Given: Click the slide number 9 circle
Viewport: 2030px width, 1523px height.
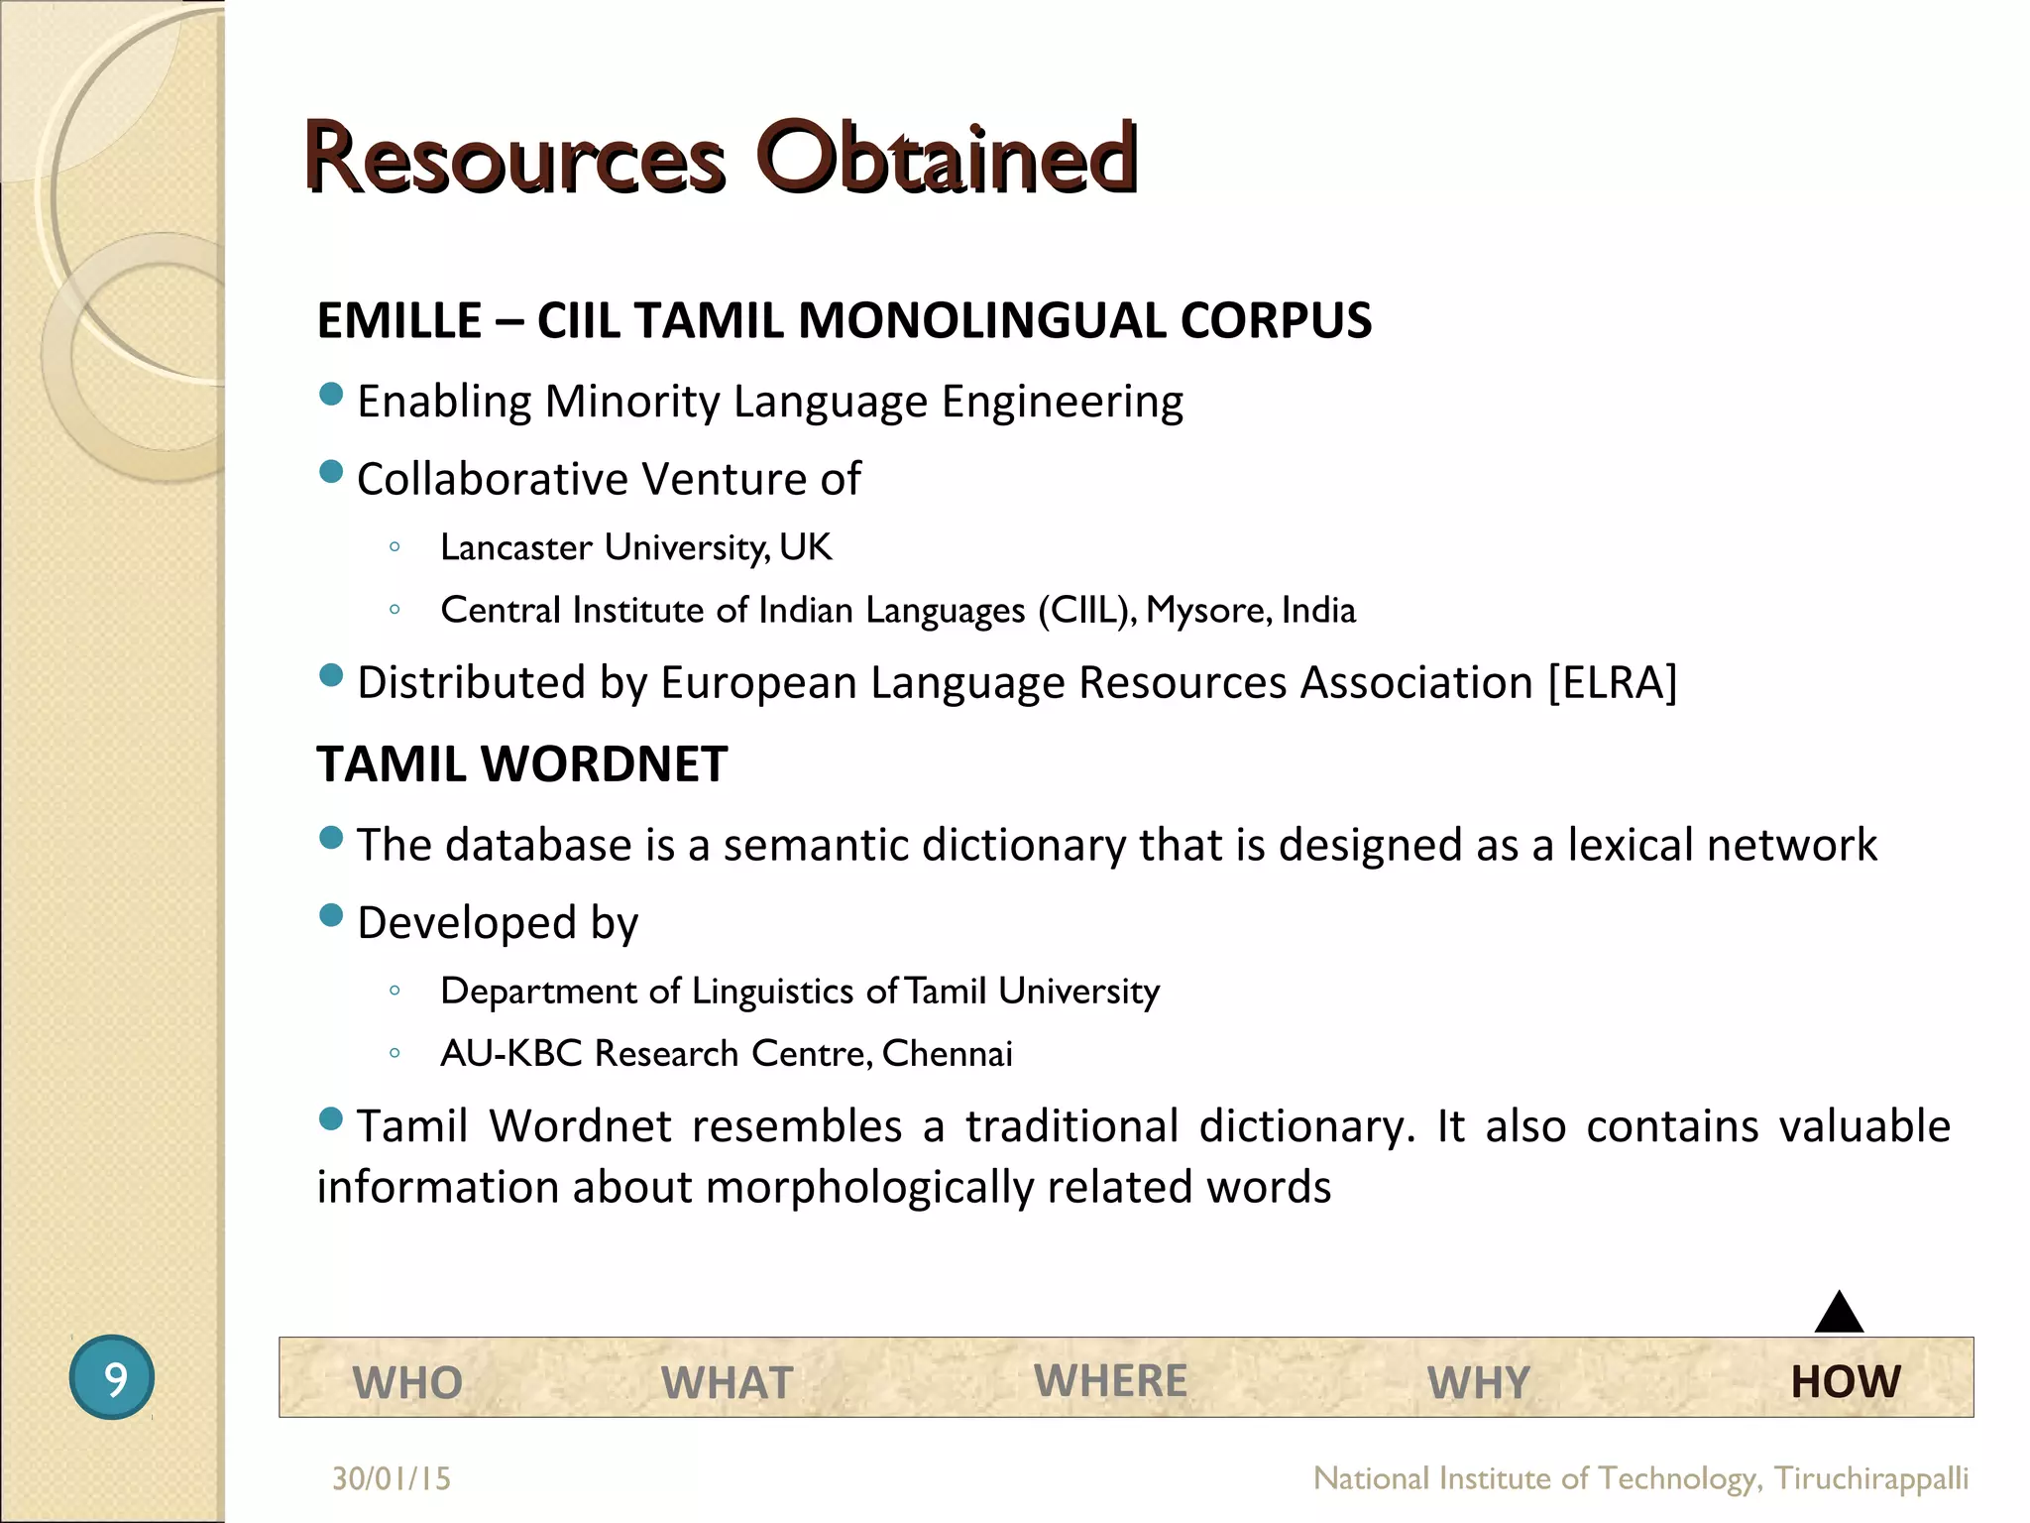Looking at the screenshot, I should coord(112,1377).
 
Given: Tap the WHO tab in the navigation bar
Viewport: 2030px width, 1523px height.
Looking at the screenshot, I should coord(407,1382).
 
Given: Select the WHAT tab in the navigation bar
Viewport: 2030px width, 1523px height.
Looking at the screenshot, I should coord(727,1382).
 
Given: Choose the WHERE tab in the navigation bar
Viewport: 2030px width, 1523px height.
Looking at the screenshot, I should coord(1110,1380).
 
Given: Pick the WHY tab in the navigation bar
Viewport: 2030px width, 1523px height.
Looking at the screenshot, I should coord(1478,1382).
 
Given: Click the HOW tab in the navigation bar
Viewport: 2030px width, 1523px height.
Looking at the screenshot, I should coord(1846,1381).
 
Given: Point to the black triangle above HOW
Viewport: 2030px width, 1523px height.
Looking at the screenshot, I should coord(1839,1315).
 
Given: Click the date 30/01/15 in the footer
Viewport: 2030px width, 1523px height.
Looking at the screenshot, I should coord(392,1478).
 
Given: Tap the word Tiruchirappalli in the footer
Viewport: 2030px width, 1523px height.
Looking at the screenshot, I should coord(1870,1478).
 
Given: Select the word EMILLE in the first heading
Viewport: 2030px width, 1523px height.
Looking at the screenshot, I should coord(398,320).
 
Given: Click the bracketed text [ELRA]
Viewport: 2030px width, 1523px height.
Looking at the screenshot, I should coord(1613,682).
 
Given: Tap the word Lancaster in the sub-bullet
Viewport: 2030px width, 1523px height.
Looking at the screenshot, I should coord(516,547).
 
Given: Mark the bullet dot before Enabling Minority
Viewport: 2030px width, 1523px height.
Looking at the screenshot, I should coord(331,395).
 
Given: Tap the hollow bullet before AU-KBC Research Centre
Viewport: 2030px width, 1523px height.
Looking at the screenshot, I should coord(395,1053).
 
